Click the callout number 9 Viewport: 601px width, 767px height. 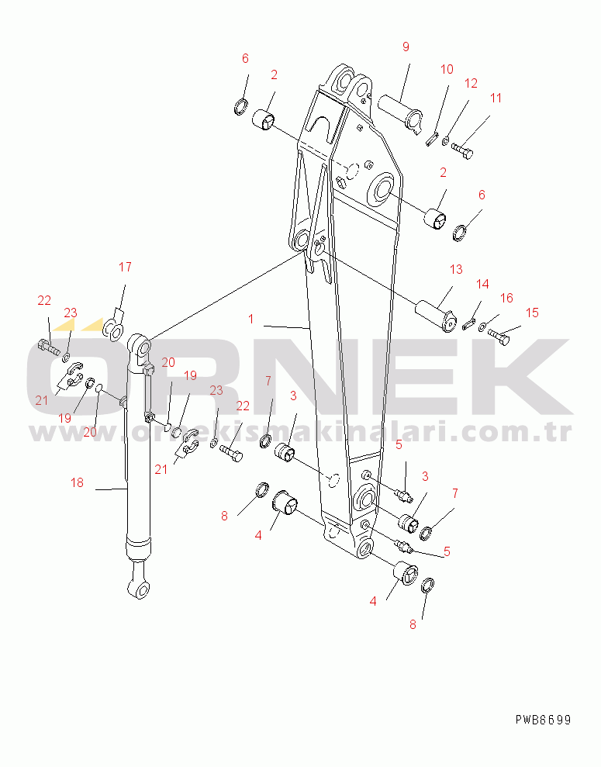[406, 47]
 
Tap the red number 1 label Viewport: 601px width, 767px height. [250, 320]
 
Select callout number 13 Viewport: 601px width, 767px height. [456, 270]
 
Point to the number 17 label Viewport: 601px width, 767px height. [125, 267]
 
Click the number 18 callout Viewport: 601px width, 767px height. [77, 483]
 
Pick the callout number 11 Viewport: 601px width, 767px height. [496, 98]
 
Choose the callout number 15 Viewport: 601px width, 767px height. [532, 313]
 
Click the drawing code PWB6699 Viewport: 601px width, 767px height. [543, 720]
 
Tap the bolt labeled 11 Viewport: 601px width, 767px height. [463, 150]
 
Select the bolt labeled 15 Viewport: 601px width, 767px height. [499, 337]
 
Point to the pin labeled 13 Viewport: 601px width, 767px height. [436, 317]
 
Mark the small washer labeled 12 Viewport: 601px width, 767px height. [445, 142]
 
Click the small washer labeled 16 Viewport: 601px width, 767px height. [482, 326]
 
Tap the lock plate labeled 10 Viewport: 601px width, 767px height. [432, 140]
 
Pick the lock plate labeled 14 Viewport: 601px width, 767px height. [468, 324]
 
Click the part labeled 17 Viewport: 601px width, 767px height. [113, 330]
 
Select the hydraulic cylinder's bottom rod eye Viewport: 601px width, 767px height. [140, 586]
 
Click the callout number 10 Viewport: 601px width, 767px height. [447, 70]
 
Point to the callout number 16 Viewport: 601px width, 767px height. [506, 298]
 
